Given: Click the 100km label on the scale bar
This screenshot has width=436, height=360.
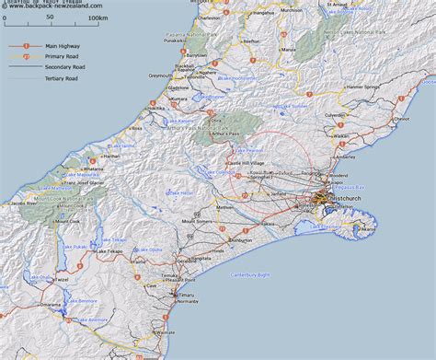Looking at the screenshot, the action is (x=97, y=17).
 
